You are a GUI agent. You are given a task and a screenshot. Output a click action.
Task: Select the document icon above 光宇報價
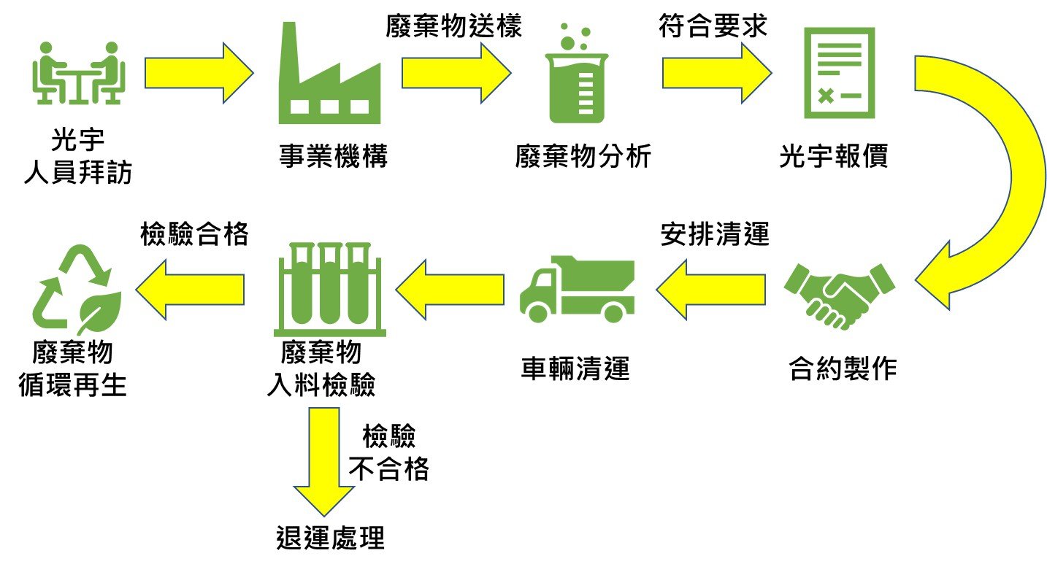[840, 73]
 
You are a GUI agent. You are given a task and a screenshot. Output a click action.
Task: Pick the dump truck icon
[577, 290]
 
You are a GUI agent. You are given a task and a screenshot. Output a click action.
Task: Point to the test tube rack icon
[329, 290]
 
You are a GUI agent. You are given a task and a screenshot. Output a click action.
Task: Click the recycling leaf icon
[77, 290]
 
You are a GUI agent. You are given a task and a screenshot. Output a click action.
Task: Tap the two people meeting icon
[79, 73]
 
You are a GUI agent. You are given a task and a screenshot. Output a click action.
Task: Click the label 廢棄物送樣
[453, 26]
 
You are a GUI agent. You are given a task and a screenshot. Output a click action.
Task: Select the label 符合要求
[713, 26]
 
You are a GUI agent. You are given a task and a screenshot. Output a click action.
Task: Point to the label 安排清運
[715, 234]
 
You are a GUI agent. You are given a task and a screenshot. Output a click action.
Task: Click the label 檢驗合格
[194, 234]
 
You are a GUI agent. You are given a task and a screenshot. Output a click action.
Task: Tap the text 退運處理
[330, 538]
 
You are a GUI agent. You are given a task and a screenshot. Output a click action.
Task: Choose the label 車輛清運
[575, 368]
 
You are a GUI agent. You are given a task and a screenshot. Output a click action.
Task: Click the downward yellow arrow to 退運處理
[324, 461]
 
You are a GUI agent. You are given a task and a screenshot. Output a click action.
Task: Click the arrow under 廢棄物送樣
[456, 73]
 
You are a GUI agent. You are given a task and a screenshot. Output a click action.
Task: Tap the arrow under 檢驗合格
[190, 290]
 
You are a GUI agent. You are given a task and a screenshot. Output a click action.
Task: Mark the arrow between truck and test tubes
[450, 290]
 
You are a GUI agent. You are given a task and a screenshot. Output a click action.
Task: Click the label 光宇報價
[833, 155]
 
